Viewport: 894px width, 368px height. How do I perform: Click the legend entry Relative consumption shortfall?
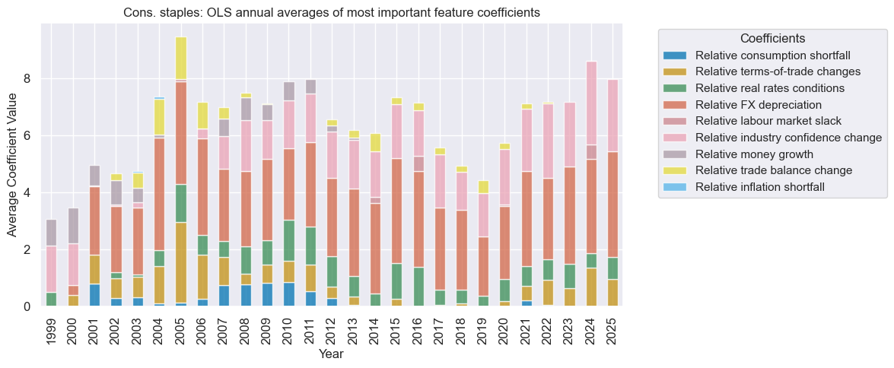(772, 56)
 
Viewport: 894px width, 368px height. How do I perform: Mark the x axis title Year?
(332, 354)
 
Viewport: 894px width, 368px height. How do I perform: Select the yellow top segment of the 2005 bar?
(181, 57)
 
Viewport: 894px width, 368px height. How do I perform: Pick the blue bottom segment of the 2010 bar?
(289, 294)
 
